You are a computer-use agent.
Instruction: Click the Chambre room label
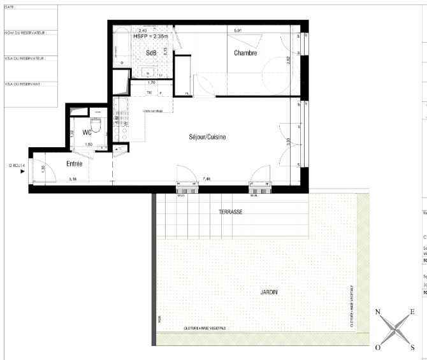tap(245, 53)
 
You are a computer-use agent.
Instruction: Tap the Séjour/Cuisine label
tap(207, 137)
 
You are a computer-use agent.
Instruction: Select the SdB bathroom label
tap(151, 53)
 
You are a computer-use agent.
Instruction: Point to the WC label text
tap(87, 134)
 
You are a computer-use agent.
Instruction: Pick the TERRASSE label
tap(230, 212)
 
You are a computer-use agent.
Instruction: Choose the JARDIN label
tap(268, 292)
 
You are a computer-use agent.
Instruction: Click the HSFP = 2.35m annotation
tap(150, 37)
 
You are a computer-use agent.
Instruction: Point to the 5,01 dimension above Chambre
tap(238, 30)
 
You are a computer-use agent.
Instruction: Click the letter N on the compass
tap(378, 312)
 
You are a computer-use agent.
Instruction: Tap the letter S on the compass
tap(412, 347)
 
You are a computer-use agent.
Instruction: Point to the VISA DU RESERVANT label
tap(23, 83)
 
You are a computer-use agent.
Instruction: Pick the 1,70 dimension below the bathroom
tap(151, 83)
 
